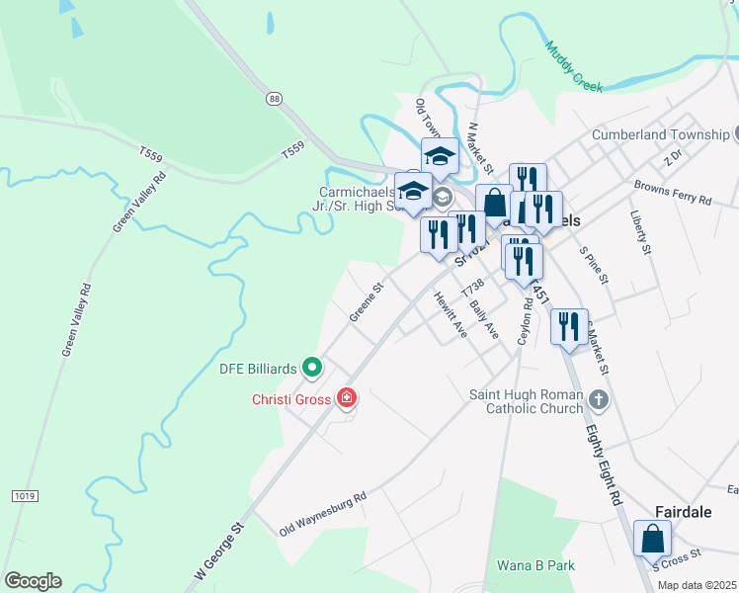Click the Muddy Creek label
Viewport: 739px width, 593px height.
coord(573,65)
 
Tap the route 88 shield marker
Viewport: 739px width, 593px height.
coord(274,98)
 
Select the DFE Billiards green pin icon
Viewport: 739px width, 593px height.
coord(313,369)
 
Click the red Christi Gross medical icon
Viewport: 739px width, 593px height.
coord(347,398)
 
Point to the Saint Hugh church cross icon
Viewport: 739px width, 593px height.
coord(597,399)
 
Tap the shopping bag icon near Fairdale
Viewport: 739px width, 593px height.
coord(652,539)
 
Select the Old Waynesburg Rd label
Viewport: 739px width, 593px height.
coord(322,514)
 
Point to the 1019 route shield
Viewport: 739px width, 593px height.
coord(24,494)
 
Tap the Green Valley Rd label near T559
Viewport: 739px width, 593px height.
coord(139,201)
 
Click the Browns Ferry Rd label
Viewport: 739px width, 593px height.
coord(672,193)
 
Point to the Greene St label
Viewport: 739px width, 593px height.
coord(366,303)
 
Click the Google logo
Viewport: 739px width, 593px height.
coord(32,581)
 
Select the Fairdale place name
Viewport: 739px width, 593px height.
coord(685,511)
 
